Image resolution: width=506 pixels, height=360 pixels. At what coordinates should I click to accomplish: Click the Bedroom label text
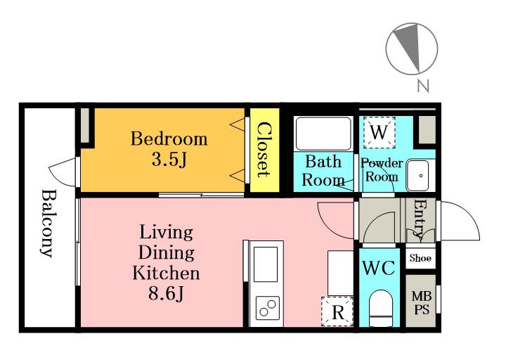tap(169, 139)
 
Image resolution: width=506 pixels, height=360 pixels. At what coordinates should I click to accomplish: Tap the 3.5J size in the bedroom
tap(169, 160)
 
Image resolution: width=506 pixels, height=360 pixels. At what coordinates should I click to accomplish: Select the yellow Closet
tap(265, 150)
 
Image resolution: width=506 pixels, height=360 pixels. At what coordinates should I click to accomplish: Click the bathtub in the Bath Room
tap(323, 134)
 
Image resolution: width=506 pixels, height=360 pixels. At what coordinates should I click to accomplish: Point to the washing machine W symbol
tap(379, 132)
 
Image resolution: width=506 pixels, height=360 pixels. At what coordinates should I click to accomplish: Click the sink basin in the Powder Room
tap(417, 175)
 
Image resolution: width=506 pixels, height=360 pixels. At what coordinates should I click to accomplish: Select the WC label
tap(379, 268)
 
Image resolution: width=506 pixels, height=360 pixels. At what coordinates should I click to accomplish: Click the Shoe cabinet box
tap(420, 258)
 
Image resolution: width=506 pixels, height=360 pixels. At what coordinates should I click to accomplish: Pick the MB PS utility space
tap(420, 301)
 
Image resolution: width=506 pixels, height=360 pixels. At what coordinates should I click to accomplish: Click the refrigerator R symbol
tap(337, 311)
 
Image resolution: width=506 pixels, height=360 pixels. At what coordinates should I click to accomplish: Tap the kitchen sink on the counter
tap(266, 264)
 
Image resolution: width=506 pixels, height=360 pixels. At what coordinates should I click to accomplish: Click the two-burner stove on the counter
tap(268, 308)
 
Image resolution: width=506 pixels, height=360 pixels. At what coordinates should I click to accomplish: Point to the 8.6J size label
tap(166, 293)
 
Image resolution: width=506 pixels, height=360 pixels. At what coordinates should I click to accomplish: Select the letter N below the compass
tap(423, 86)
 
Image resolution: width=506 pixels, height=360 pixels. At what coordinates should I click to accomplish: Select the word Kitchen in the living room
tap(166, 273)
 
